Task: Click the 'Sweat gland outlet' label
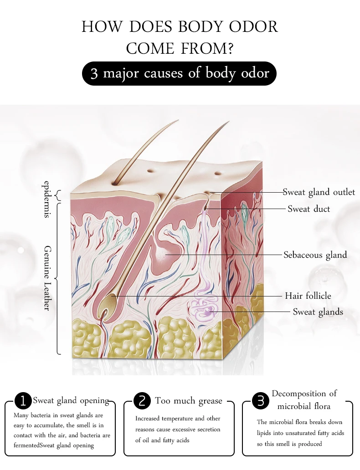[x=319, y=192]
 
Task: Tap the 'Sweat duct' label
[x=309, y=209]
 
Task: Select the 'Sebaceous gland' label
[x=315, y=255]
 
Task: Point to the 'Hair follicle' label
[x=308, y=296]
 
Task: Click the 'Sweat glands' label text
[x=318, y=312]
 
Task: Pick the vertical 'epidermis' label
[x=46, y=199]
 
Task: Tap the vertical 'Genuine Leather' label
[x=47, y=278]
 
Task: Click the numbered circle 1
[x=23, y=401]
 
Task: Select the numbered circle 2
[x=142, y=401]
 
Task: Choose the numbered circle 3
[x=261, y=401]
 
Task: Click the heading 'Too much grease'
[x=189, y=401]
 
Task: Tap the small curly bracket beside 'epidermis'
[x=57, y=196]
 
